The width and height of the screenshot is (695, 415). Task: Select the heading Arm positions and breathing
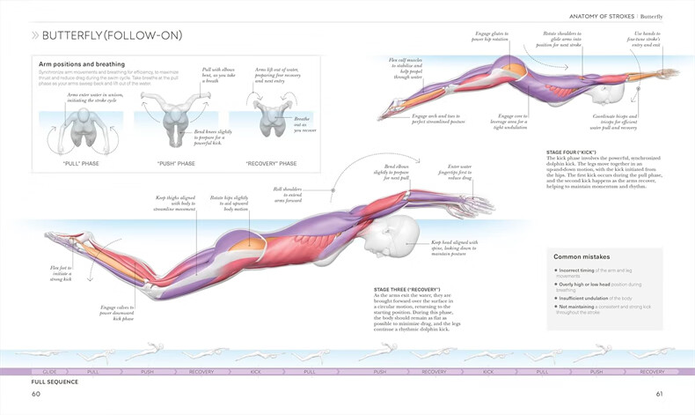[81, 64]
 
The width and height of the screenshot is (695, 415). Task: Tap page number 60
[36, 394]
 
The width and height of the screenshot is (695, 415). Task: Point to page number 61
[659, 394]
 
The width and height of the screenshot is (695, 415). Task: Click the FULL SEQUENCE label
[55, 382]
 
